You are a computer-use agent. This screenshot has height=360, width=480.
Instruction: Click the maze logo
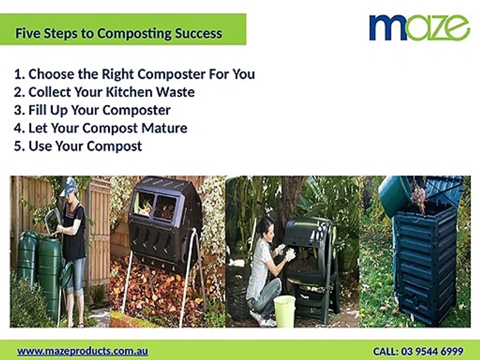point(419,27)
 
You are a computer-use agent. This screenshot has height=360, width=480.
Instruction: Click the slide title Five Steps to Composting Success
point(119,33)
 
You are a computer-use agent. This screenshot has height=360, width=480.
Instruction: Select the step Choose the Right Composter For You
point(134,74)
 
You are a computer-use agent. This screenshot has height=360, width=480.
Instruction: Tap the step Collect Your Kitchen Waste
point(104,92)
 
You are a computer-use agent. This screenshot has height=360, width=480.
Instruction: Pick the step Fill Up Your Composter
point(92,110)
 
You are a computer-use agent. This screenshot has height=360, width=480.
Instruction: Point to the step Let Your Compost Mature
point(100,128)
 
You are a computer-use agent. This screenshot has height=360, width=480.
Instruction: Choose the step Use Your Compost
point(78,146)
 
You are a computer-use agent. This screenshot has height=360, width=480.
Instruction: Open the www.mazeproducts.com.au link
point(82,351)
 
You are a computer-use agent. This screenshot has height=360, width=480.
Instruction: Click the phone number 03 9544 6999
point(432,351)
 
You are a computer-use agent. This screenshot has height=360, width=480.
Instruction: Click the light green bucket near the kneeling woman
point(284,310)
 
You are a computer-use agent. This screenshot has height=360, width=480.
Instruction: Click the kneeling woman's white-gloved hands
point(285,252)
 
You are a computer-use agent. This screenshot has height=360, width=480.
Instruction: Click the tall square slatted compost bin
point(425,263)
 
